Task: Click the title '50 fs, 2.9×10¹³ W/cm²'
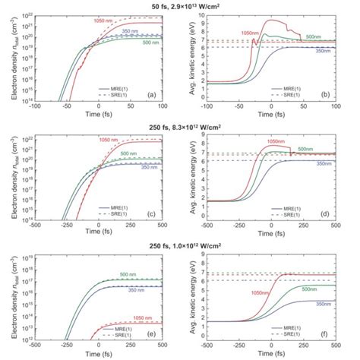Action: pos(180,5)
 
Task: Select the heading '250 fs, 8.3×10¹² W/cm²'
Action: pos(180,125)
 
